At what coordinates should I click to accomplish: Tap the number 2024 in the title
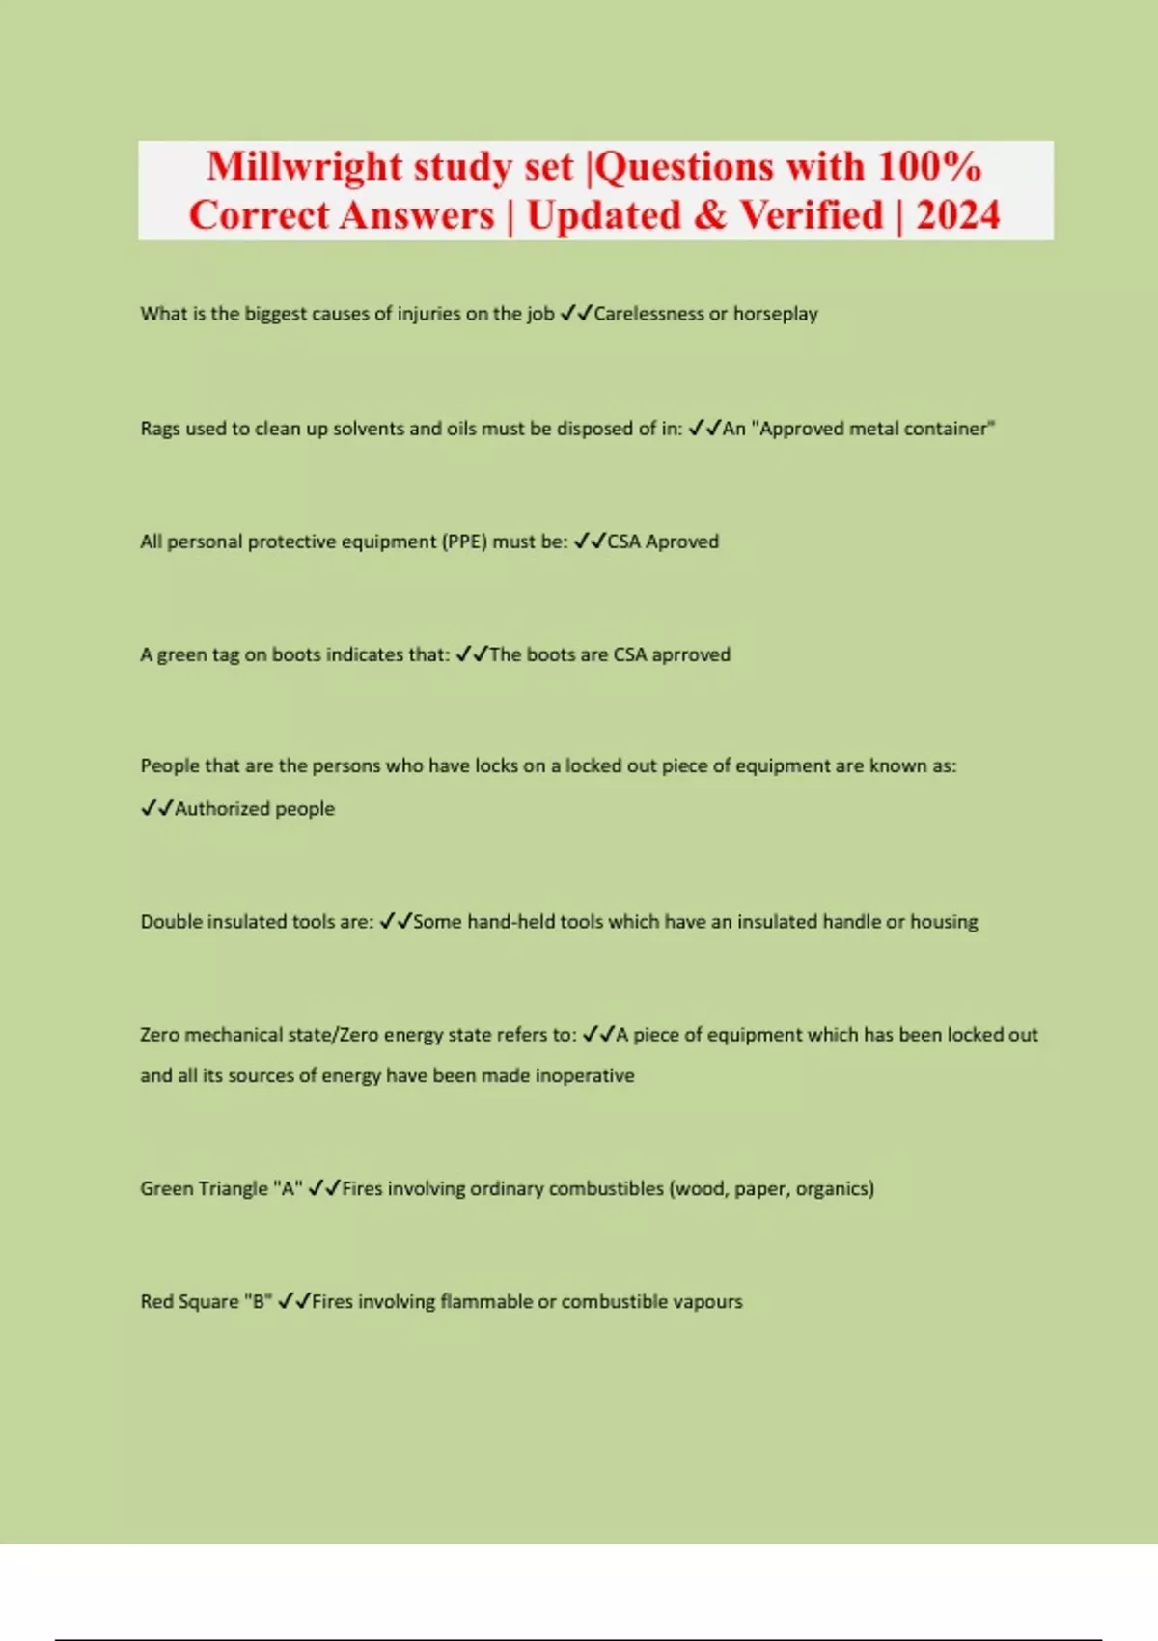pos(957,215)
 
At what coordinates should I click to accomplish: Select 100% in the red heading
pos(929,167)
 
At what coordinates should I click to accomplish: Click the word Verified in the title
pos(812,215)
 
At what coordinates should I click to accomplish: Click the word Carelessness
pos(648,314)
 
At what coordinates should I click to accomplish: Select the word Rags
pos(159,429)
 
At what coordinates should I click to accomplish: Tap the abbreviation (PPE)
pos(464,542)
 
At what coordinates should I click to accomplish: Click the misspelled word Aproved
pos(682,542)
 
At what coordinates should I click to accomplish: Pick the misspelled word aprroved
pos(691,654)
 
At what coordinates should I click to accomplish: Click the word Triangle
pos(232,1188)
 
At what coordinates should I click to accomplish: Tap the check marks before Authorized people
pos(156,809)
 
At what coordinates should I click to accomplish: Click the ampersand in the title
pos(709,215)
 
